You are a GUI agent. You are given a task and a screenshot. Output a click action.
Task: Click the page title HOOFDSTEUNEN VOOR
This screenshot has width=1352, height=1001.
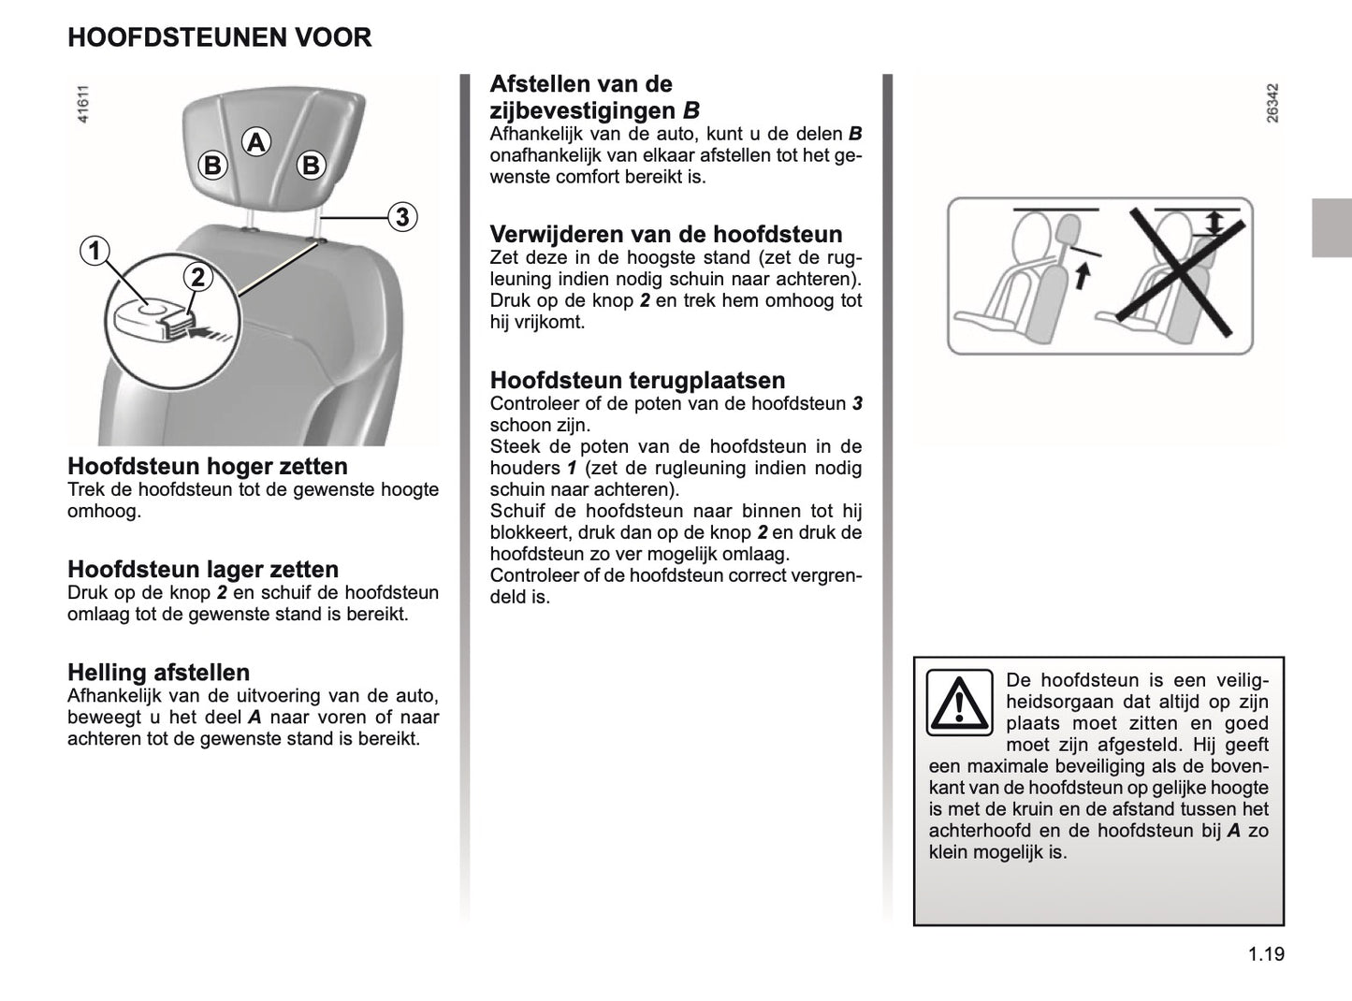[220, 37]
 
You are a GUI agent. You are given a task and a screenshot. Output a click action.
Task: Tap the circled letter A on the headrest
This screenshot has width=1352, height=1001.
[255, 142]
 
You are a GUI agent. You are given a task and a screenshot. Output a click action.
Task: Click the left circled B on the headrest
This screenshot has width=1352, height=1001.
[213, 166]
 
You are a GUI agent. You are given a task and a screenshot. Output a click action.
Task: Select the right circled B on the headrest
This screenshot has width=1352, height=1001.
[311, 166]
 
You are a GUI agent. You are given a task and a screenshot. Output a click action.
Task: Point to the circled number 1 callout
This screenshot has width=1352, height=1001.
[94, 251]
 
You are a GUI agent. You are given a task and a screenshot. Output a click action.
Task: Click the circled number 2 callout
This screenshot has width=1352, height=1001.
[198, 277]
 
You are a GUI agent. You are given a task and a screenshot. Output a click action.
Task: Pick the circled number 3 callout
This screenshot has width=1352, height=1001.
[401, 217]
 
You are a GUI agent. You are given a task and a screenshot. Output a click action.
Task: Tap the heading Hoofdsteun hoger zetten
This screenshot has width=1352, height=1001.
[208, 466]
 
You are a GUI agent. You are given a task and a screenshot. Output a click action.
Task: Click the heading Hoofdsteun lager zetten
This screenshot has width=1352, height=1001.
[203, 569]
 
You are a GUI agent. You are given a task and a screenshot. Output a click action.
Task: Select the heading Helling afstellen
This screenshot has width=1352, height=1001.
[159, 672]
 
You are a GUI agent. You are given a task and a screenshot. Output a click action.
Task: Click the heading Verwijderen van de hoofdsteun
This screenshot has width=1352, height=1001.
[666, 234]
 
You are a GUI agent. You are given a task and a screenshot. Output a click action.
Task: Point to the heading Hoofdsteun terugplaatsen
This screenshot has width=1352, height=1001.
[637, 380]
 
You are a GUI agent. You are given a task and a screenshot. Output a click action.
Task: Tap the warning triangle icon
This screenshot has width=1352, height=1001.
[959, 703]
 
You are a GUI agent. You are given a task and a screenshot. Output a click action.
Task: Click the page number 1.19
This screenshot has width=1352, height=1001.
[1266, 954]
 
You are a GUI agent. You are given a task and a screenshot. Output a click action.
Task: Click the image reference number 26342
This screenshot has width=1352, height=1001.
[1272, 103]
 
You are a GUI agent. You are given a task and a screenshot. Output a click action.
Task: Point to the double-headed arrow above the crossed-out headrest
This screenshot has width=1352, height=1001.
[1214, 222]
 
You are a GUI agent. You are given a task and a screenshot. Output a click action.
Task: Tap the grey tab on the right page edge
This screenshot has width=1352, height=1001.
[1331, 227]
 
